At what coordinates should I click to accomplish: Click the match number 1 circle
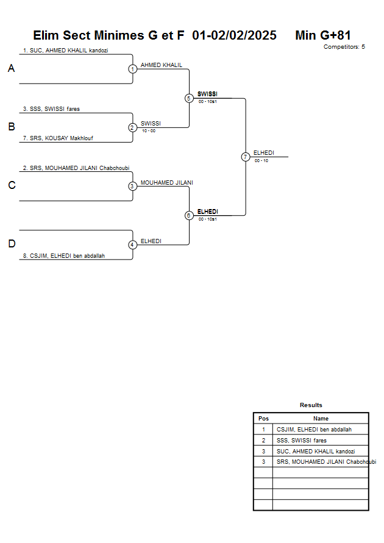132,69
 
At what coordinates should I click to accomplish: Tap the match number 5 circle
189,98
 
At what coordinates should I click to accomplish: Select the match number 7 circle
246,157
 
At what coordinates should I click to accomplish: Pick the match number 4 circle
132,245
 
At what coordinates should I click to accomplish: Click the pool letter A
11,69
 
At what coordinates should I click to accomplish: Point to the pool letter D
11,244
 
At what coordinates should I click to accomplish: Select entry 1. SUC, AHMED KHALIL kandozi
65,51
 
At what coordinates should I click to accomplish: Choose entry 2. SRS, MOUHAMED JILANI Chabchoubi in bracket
76,168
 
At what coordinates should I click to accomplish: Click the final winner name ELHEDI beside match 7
263,153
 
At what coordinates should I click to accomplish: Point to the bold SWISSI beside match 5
207,94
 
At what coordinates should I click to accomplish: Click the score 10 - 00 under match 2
148,130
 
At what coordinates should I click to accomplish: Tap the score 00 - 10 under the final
261,161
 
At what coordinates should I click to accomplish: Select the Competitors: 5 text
344,47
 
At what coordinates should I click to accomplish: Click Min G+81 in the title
322,35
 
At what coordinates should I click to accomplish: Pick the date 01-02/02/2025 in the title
234,35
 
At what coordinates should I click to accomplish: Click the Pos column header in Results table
263,419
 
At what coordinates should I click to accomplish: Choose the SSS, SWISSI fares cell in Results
301,440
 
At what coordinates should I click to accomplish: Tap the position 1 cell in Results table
263,430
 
